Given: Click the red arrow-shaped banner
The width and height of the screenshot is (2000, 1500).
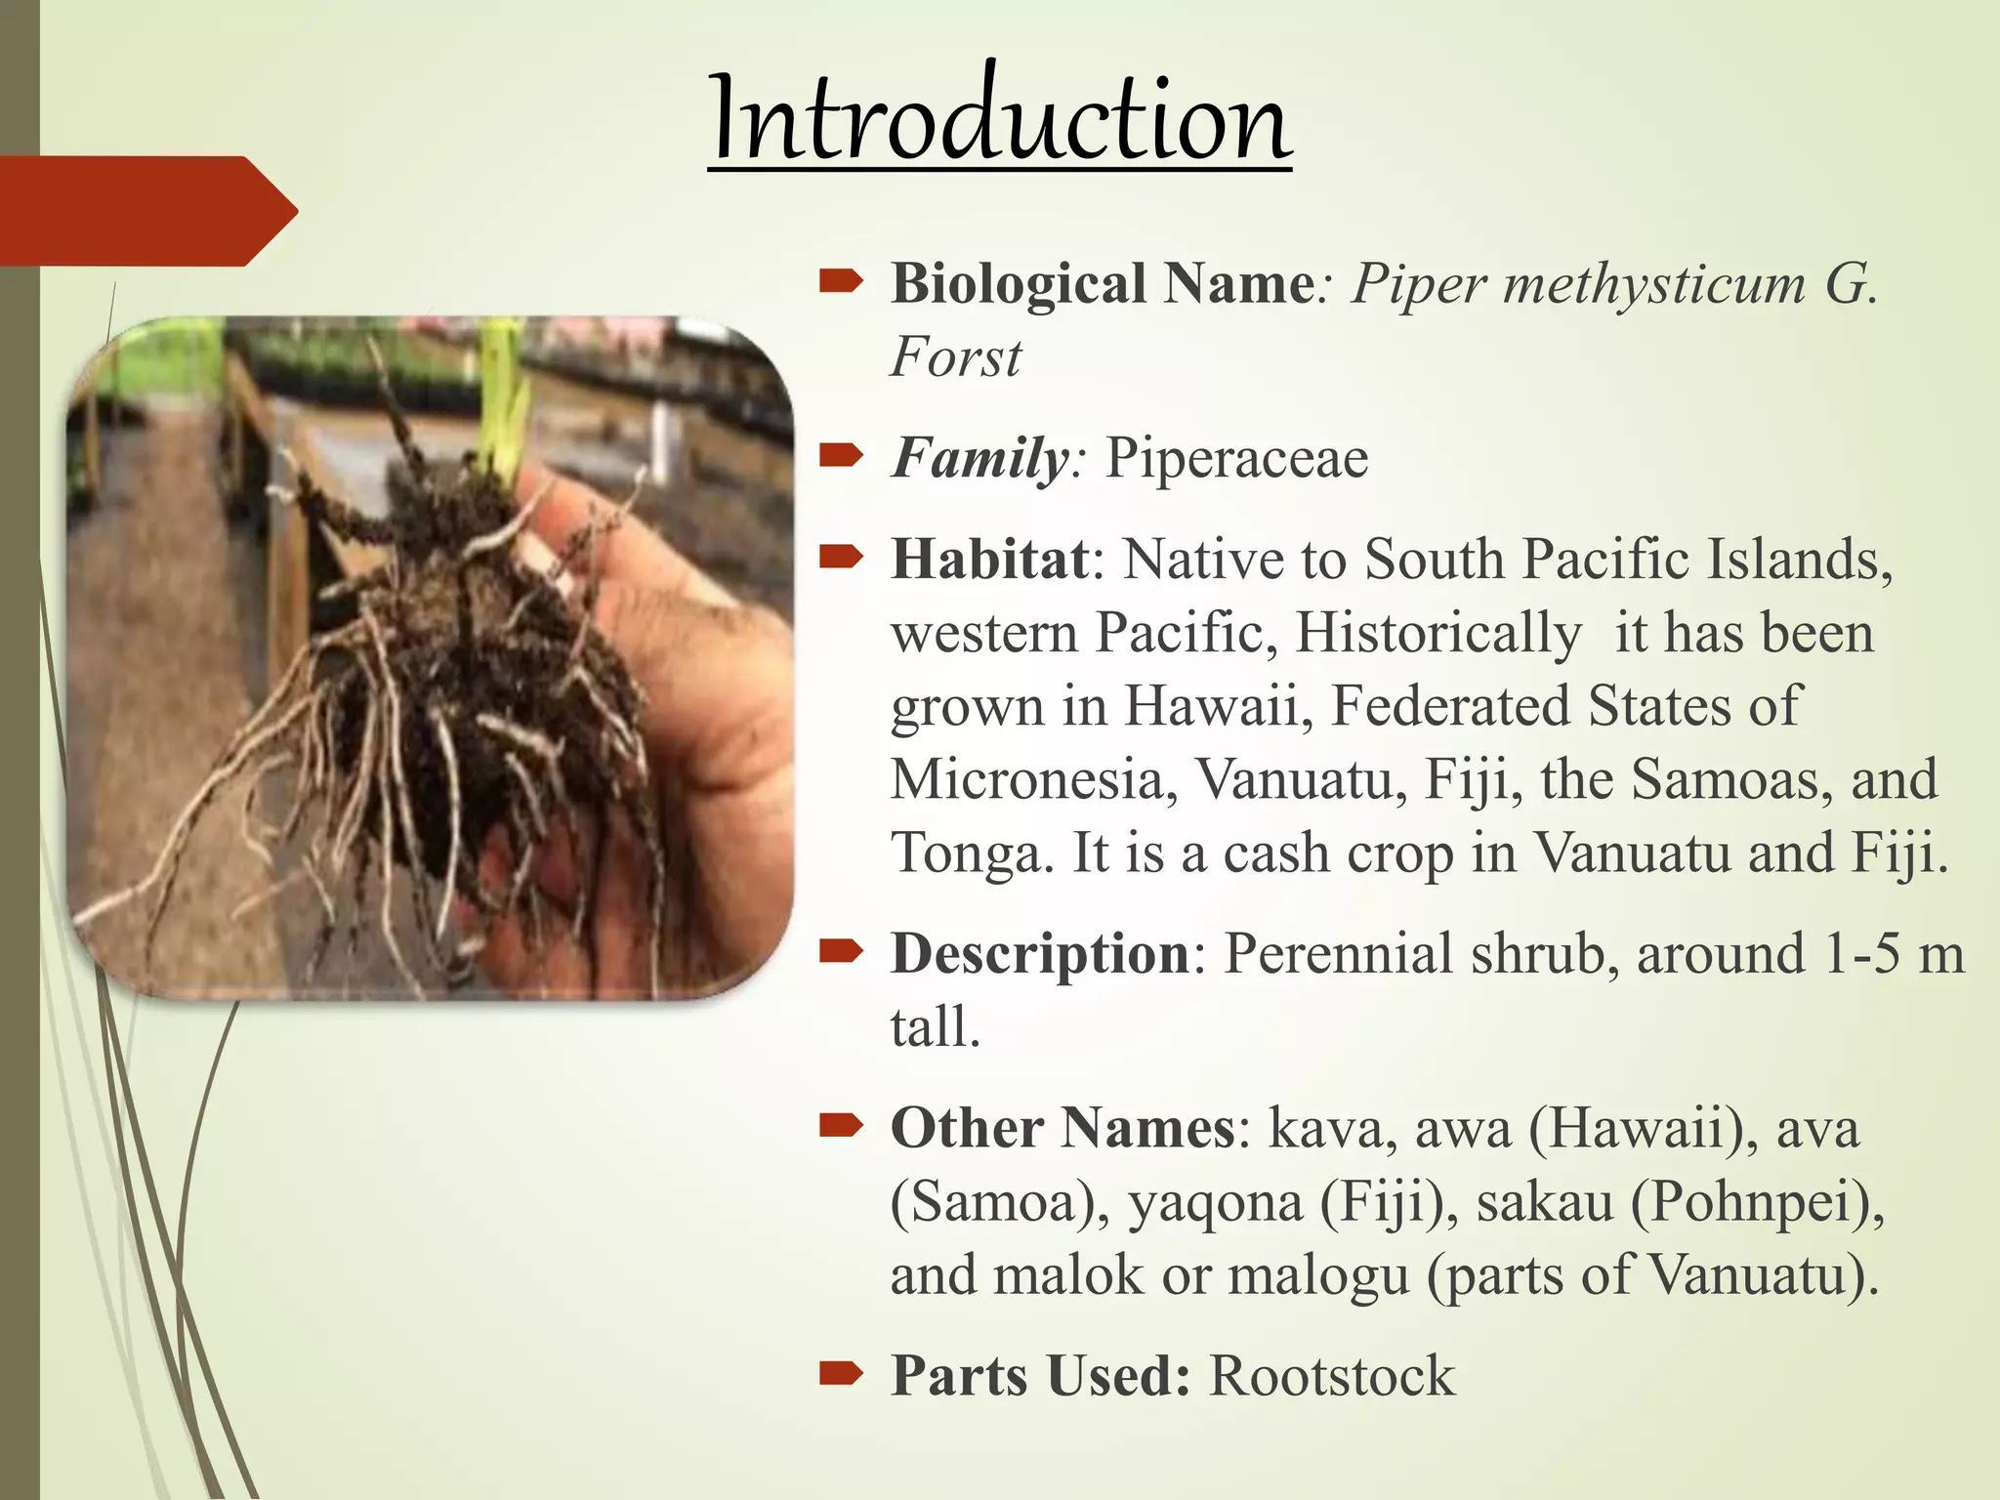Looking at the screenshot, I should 146,211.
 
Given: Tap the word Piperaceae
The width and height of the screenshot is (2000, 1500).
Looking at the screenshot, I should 1236,458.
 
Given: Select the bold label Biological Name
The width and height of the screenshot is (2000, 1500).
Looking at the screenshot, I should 1103,284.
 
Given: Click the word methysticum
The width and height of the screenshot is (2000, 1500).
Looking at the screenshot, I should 1655,284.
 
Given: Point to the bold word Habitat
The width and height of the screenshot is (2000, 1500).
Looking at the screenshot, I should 989,560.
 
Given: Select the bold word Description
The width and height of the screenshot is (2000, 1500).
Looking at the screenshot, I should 1040,954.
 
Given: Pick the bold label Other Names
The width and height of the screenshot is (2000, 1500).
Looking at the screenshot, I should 1063,1128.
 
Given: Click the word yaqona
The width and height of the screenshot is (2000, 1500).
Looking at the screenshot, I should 1216,1201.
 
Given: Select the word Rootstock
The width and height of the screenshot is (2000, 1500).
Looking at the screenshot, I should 1332,1376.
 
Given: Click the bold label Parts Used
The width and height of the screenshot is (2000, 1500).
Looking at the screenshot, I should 1040,1376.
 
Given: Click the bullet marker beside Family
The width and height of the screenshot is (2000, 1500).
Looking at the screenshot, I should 841,455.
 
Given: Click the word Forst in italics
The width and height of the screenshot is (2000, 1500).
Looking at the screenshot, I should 955,357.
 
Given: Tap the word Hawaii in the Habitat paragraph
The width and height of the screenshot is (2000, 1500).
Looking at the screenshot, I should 1218,706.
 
